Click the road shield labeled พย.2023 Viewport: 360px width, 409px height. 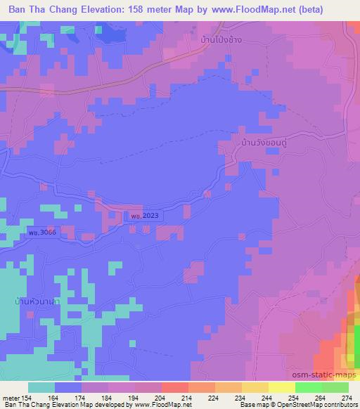pos(143,216)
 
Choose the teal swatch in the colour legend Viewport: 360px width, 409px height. pos(41,387)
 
